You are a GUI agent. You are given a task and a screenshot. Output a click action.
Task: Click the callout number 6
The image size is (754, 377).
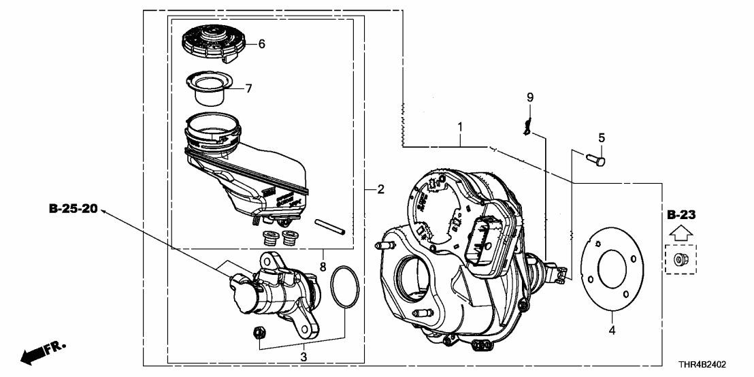click(x=261, y=44)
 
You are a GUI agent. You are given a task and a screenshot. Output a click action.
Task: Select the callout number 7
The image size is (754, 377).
click(x=249, y=88)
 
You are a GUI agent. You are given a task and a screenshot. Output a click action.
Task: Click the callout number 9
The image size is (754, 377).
click(x=530, y=97)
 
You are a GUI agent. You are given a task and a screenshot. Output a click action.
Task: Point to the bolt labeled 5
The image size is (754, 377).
click(x=596, y=159)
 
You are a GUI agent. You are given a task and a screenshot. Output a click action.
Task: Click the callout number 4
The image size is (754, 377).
click(x=612, y=331)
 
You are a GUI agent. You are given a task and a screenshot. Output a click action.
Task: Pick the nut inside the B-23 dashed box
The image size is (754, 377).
click(x=681, y=259)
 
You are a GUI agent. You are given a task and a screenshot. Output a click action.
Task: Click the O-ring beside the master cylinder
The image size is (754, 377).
click(x=346, y=288)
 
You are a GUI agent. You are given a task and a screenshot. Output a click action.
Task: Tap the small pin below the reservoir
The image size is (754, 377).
click(x=331, y=225)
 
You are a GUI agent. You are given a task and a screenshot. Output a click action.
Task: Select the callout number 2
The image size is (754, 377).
click(x=381, y=189)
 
